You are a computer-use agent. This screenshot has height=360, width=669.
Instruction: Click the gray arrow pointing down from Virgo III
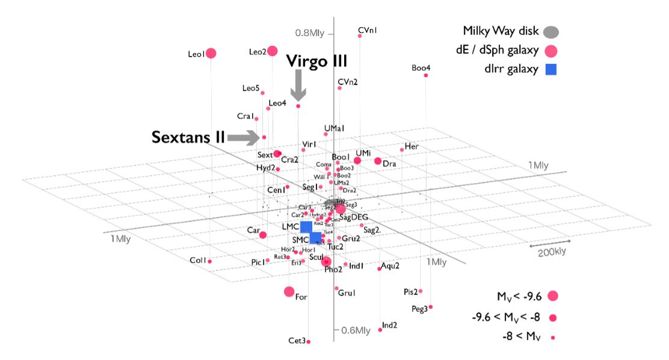point(298,86)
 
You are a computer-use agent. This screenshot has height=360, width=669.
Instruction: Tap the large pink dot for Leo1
point(211,54)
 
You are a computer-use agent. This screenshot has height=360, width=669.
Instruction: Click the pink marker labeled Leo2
point(273,51)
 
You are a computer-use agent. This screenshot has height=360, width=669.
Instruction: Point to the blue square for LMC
point(306,226)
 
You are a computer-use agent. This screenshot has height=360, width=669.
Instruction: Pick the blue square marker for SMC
point(315,238)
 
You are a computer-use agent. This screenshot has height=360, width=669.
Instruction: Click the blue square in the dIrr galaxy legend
point(550,69)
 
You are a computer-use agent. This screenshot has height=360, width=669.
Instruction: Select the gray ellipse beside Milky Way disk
point(551,31)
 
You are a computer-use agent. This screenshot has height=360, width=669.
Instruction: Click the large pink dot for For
point(289,292)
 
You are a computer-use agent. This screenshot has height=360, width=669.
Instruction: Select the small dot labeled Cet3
point(309,341)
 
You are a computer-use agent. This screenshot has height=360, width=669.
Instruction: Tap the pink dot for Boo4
point(426,75)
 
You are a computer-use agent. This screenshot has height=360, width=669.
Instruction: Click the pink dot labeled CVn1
point(360,36)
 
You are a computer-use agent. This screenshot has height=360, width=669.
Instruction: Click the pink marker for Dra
point(378,161)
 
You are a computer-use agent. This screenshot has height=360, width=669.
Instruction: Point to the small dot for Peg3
point(431,307)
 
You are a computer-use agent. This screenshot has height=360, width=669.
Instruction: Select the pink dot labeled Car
point(262,235)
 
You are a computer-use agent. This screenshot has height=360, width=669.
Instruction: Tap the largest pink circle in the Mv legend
point(553,296)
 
